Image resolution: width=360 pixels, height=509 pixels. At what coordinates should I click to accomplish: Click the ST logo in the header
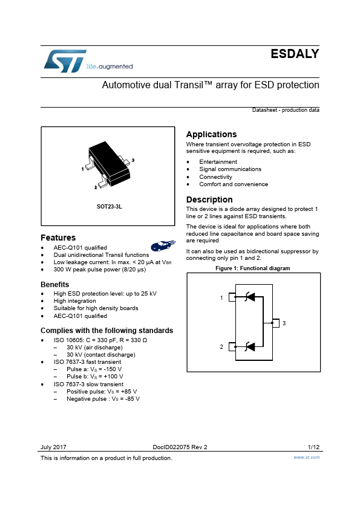pyautogui.click(x=65, y=61)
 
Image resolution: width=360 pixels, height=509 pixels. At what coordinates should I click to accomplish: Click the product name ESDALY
pyautogui.click(x=295, y=54)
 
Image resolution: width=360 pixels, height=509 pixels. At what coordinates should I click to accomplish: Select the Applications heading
pyautogui.click(x=211, y=134)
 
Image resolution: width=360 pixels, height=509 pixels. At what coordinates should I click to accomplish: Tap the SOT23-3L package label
pyautogui.click(x=109, y=207)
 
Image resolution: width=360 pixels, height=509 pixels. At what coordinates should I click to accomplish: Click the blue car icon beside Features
pyautogui.click(x=163, y=245)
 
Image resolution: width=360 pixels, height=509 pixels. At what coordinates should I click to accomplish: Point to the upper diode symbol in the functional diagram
pyautogui.click(x=249, y=297)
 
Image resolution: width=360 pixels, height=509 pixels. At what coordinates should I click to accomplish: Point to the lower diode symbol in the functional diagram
pyautogui.click(x=249, y=347)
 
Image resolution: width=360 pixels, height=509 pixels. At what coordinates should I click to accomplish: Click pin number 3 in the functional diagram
pyautogui.click(x=284, y=323)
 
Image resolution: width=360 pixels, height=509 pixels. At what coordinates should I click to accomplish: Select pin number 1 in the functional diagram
pyautogui.click(x=221, y=297)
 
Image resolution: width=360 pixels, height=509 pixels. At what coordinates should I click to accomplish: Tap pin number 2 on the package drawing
pyautogui.click(x=96, y=187)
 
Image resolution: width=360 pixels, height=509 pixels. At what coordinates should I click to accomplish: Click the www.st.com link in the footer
pyautogui.click(x=306, y=457)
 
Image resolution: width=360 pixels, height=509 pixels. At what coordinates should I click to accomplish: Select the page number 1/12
pyautogui.click(x=313, y=447)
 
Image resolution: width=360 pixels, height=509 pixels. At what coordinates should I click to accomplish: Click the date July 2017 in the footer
pyautogui.click(x=53, y=447)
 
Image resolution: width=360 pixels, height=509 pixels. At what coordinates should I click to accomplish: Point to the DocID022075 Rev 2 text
pyautogui.click(x=180, y=447)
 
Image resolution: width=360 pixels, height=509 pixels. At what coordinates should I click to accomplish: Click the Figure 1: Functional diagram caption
pyautogui.click(x=253, y=268)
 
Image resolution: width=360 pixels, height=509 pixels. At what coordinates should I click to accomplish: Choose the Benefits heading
pyautogui.click(x=54, y=285)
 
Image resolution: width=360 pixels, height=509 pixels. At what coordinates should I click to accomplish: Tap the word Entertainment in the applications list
pyautogui.click(x=218, y=161)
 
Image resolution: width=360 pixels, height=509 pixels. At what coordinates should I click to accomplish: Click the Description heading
pyautogui.click(x=209, y=199)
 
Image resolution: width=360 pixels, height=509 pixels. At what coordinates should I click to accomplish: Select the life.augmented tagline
pyautogui.click(x=110, y=66)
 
